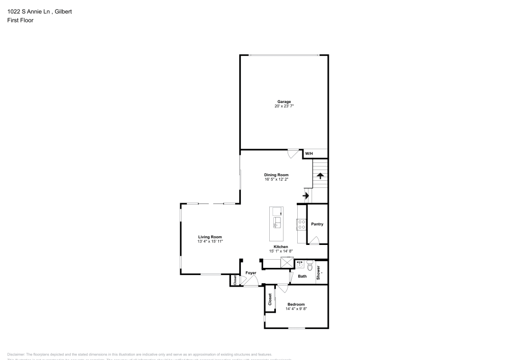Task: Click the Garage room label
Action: pos(284,102)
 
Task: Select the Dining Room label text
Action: pos(276,175)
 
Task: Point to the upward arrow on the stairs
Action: pos(320,176)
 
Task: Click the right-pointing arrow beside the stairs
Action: pos(306,195)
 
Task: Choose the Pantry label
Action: pos(317,224)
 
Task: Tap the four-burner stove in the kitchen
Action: pos(301,225)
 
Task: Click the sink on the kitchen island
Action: pos(277,222)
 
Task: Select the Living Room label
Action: pos(210,237)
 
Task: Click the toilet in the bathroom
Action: pos(309,264)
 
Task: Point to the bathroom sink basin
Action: pos(300,264)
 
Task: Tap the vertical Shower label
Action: pos(319,272)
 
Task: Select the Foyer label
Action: pos(250,273)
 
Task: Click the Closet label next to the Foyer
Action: pos(235,280)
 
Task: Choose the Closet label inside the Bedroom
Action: pos(270,299)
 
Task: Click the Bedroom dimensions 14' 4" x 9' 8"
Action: pos(296,309)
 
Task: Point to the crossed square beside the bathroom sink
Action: pos(287,263)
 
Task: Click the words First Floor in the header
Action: pos(20,20)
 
